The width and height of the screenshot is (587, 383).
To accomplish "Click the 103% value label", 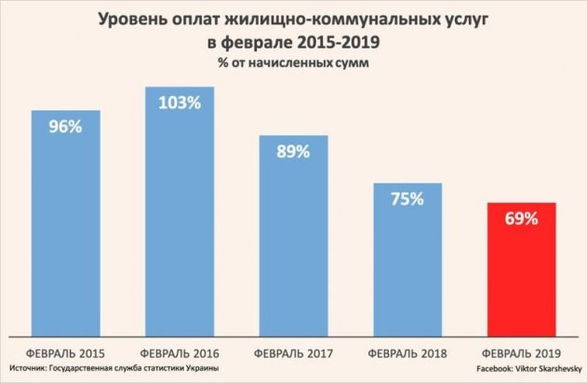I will pos(179,103).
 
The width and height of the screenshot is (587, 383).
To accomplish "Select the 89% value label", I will pos(293,152).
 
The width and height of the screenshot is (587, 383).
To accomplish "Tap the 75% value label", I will pos(407,198).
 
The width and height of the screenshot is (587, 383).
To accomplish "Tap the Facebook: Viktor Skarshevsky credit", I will pos(528,371).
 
